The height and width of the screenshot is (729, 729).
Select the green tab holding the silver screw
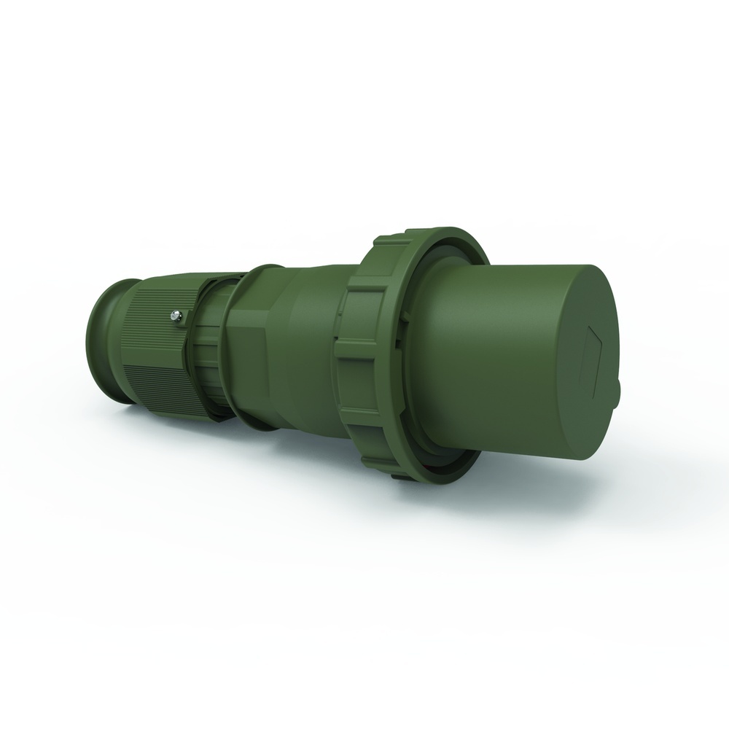click(x=182, y=319)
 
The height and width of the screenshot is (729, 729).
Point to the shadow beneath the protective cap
click(x=510, y=488)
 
